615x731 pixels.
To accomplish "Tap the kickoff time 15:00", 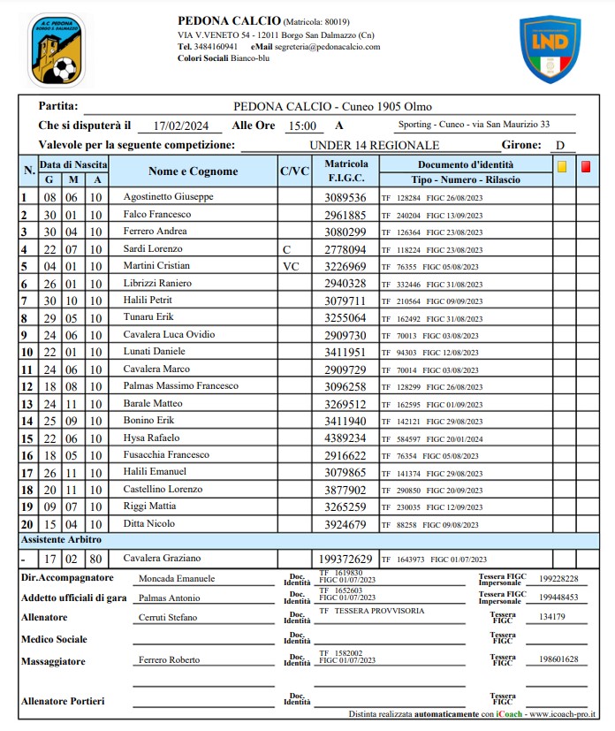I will click(x=302, y=126).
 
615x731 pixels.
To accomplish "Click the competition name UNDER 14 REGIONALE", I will click(x=375, y=145).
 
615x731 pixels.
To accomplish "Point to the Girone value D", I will click(x=559, y=145).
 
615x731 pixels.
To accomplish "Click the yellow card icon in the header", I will click(x=561, y=166).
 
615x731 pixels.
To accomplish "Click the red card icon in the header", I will click(x=585, y=166).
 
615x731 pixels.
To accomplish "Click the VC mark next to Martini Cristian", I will click(x=291, y=266).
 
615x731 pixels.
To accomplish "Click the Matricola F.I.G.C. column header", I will click(x=345, y=171).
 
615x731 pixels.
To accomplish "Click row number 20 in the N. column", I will click(x=27, y=524).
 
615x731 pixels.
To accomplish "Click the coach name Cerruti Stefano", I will click(x=167, y=618).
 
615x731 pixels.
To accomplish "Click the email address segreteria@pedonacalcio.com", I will click(x=327, y=47).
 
